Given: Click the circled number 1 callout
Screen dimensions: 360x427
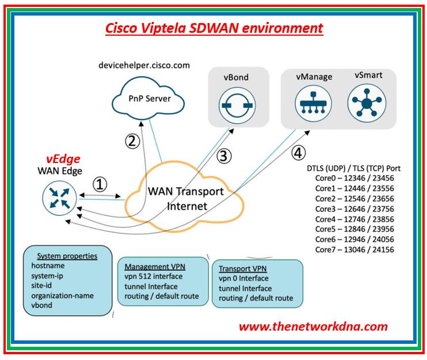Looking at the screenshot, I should click(100, 184).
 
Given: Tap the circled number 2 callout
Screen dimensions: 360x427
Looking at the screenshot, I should click(132, 140).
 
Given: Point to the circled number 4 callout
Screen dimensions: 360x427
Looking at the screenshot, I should click(297, 153).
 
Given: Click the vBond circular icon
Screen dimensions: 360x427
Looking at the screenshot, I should click(234, 107).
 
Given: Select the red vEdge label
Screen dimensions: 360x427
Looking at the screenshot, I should click(63, 159).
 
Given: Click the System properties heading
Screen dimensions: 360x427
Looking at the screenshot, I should click(67, 256).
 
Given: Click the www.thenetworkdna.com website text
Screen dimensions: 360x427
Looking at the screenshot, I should click(313, 327).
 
